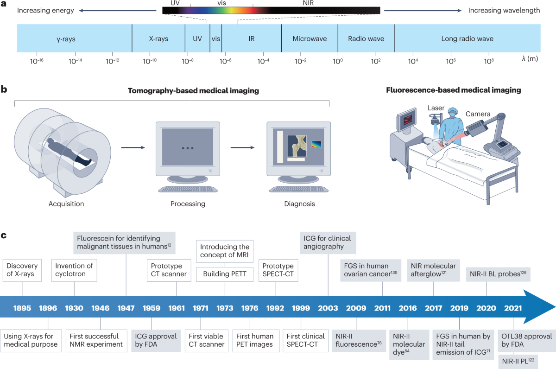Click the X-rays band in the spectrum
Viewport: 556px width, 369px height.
coord(158,39)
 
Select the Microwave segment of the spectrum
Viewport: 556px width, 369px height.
coord(310,39)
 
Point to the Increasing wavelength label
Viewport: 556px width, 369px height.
coord(504,10)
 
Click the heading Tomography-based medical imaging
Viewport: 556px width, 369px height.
coord(193,90)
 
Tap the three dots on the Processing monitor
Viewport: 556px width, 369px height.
coord(187,148)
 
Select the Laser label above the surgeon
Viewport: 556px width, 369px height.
coord(436,108)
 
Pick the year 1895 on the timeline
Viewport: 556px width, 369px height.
coord(22,308)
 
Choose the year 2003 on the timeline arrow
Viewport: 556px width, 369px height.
coord(328,308)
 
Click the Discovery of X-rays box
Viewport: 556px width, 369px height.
coord(21,271)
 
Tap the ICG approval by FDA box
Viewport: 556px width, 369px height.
coord(152,340)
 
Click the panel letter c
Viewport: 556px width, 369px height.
coord(4,235)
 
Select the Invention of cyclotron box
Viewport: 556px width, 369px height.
coord(74,271)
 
